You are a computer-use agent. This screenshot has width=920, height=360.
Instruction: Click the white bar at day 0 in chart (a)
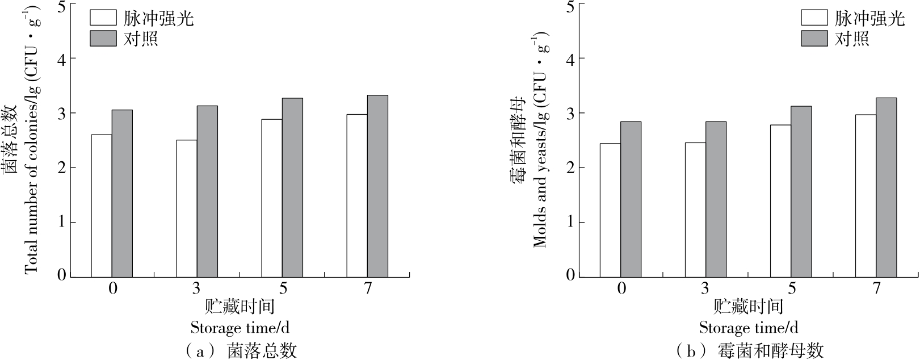(x=102, y=206)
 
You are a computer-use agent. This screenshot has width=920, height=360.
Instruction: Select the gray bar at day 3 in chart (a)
(x=207, y=191)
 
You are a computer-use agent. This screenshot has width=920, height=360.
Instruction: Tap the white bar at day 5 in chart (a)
(x=272, y=198)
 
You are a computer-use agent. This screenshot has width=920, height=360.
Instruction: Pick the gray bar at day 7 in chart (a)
(x=377, y=186)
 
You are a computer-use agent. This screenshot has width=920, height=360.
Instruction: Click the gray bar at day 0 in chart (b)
(x=631, y=199)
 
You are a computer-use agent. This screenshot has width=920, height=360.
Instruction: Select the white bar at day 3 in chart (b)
(x=695, y=209)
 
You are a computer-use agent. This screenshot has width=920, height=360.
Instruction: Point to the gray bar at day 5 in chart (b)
(x=801, y=191)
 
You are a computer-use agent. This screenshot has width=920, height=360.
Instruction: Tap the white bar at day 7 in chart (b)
(x=866, y=195)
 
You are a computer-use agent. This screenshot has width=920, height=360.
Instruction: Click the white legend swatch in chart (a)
(x=103, y=18)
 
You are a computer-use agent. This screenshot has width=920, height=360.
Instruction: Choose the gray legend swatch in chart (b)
(x=814, y=39)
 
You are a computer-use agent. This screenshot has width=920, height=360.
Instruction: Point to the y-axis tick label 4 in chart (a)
(x=62, y=59)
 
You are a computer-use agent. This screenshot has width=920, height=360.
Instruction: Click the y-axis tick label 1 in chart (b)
(x=570, y=222)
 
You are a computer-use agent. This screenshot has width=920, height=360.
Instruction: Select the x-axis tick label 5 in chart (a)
(x=282, y=289)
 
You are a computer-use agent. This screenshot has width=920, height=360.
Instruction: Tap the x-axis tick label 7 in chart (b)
(x=876, y=289)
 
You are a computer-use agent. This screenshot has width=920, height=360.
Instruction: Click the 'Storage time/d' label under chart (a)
(x=240, y=328)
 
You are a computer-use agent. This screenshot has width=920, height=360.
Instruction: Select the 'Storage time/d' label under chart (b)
(x=749, y=328)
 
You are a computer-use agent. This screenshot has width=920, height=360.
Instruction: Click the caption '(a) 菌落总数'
(x=241, y=350)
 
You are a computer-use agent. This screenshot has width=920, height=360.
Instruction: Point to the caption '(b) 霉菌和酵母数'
(x=749, y=350)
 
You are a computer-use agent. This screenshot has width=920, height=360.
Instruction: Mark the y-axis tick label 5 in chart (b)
(x=570, y=7)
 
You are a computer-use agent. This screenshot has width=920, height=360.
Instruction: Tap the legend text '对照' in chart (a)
(x=141, y=39)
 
